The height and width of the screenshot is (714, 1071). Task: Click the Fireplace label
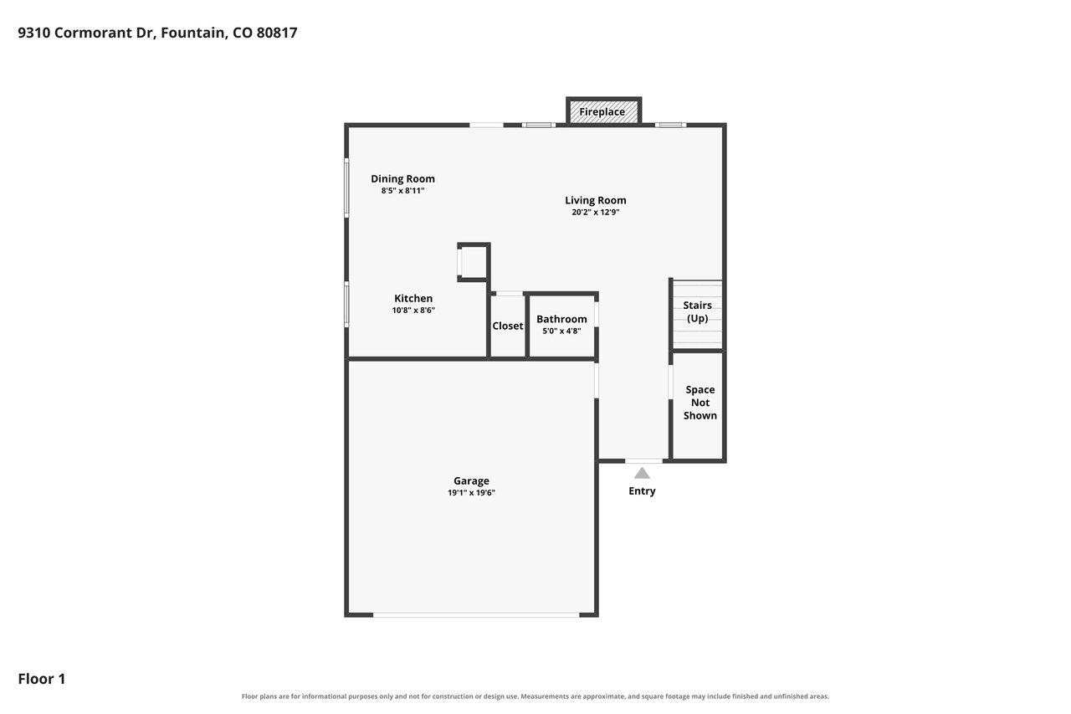tap(602, 112)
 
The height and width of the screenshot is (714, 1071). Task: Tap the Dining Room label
tap(403, 179)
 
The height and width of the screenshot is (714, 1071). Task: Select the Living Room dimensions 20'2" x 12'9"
tap(595, 213)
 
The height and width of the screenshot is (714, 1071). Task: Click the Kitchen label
tap(413, 299)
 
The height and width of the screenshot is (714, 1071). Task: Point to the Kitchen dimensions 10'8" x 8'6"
tap(413, 311)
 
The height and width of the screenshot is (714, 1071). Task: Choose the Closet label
tap(508, 326)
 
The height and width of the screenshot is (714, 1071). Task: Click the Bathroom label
tap(561, 320)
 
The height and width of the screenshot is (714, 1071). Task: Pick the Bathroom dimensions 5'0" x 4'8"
tap(561, 331)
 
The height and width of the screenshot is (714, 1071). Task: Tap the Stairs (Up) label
tap(698, 312)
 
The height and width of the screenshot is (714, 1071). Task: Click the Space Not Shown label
tap(700, 403)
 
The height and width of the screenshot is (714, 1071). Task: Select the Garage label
tap(471, 481)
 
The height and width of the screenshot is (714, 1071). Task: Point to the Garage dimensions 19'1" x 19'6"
tap(471, 493)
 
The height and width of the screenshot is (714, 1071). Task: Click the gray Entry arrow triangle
tap(642, 474)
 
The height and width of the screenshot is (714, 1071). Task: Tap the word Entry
tap(642, 491)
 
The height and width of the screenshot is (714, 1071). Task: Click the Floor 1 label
tap(42, 679)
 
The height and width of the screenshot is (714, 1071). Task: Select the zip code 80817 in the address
tap(277, 33)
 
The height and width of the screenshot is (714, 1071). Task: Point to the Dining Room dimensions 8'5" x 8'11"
tap(403, 191)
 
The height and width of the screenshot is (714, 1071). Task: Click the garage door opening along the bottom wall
tap(476, 615)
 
